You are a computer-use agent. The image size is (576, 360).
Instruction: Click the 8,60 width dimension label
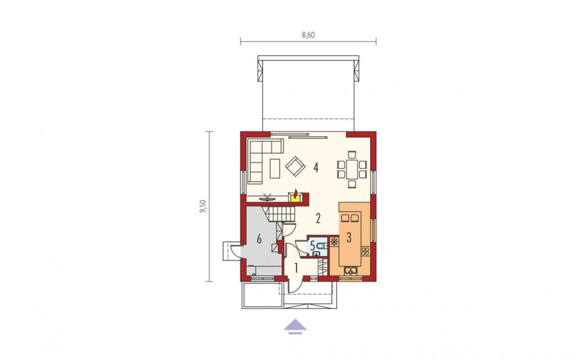309,35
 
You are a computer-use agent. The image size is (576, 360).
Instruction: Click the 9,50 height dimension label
203,206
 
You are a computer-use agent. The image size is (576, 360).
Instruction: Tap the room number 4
316,167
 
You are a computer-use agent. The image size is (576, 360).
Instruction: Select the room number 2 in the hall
318,218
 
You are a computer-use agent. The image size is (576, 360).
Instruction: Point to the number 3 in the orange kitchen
349,237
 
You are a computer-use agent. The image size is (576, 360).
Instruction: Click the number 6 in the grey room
259,239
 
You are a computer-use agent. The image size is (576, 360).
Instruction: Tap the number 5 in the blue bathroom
313,245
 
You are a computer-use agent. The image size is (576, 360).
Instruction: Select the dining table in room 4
352,169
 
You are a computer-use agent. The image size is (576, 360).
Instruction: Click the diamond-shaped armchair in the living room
296,167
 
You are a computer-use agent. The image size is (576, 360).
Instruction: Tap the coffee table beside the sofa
275,169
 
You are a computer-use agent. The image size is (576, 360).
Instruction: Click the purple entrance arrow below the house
295,326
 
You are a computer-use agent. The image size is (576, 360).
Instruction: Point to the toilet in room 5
321,246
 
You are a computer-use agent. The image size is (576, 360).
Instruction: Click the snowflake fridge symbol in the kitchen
335,242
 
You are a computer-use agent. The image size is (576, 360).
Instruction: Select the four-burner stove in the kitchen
365,251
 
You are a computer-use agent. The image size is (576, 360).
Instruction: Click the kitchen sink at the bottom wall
352,270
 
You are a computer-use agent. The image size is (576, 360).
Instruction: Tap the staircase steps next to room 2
281,213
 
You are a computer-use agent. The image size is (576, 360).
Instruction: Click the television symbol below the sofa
268,197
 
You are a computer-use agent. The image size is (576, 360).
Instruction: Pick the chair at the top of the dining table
352,155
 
